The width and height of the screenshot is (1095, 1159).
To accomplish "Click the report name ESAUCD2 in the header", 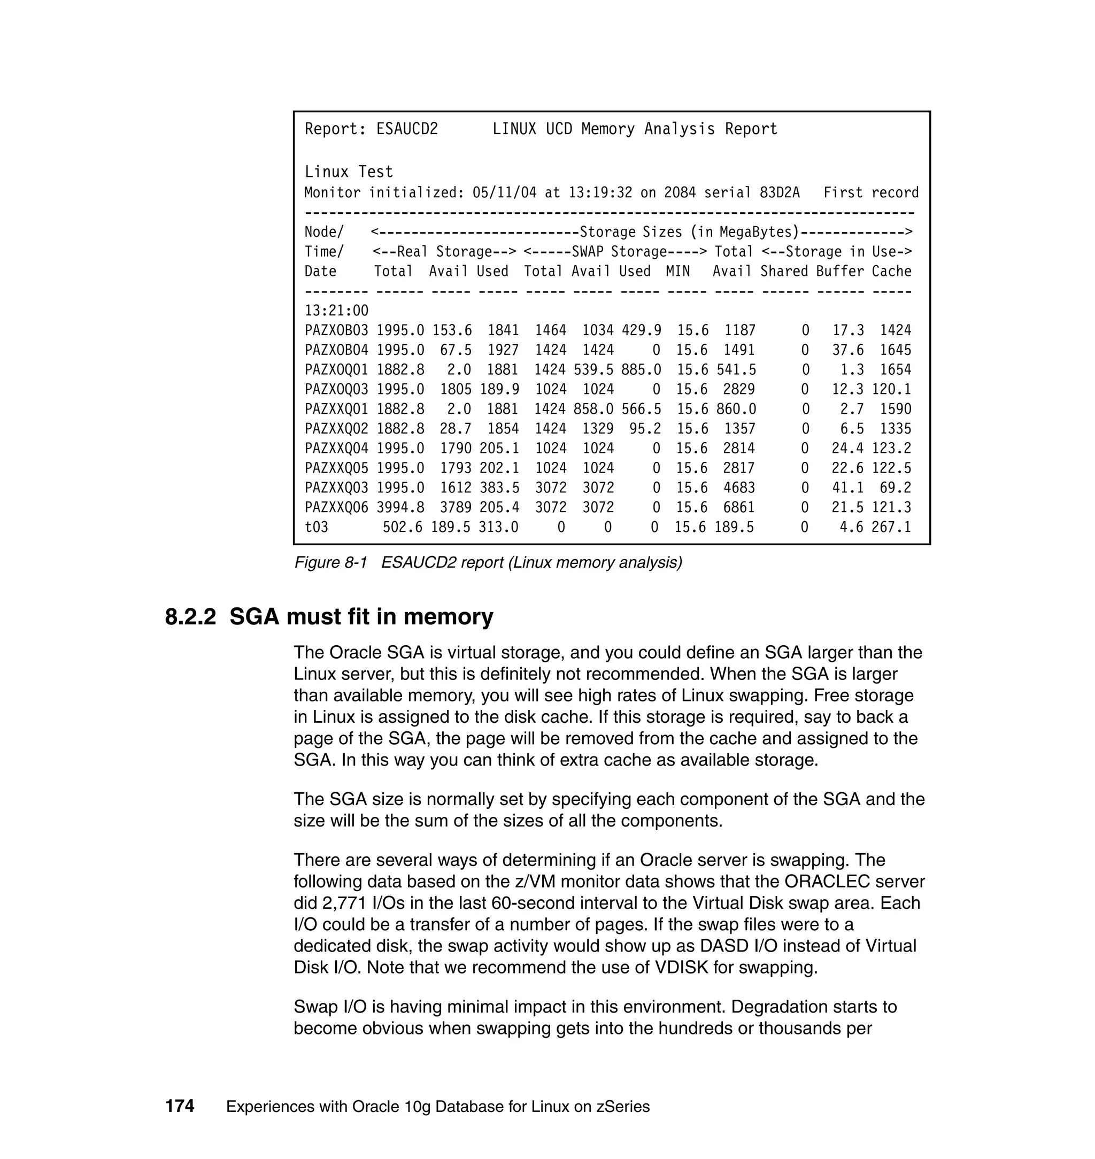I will coord(407,129).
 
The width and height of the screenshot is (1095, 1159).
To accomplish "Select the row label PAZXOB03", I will coord(336,331).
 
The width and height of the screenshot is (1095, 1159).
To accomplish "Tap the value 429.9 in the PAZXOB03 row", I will coord(641,331).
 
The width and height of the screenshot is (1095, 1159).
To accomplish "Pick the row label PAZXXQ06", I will coord(336,508).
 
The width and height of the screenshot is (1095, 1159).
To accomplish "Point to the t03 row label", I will coord(317,528).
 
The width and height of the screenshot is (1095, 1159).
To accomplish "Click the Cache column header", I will coord(891,272).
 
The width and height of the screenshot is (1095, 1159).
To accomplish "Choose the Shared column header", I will coord(784,272).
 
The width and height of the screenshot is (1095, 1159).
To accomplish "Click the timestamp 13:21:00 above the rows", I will coord(336,311).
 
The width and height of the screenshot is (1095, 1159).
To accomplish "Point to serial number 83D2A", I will coord(779,192).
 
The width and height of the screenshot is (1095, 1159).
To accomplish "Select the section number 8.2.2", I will coord(190,617).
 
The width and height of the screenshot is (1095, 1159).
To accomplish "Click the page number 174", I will coord(179,1106).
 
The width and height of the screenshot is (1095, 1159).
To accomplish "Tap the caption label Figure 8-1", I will coord(330,562).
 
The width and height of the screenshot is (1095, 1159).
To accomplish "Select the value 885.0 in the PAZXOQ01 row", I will coord(641,370).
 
